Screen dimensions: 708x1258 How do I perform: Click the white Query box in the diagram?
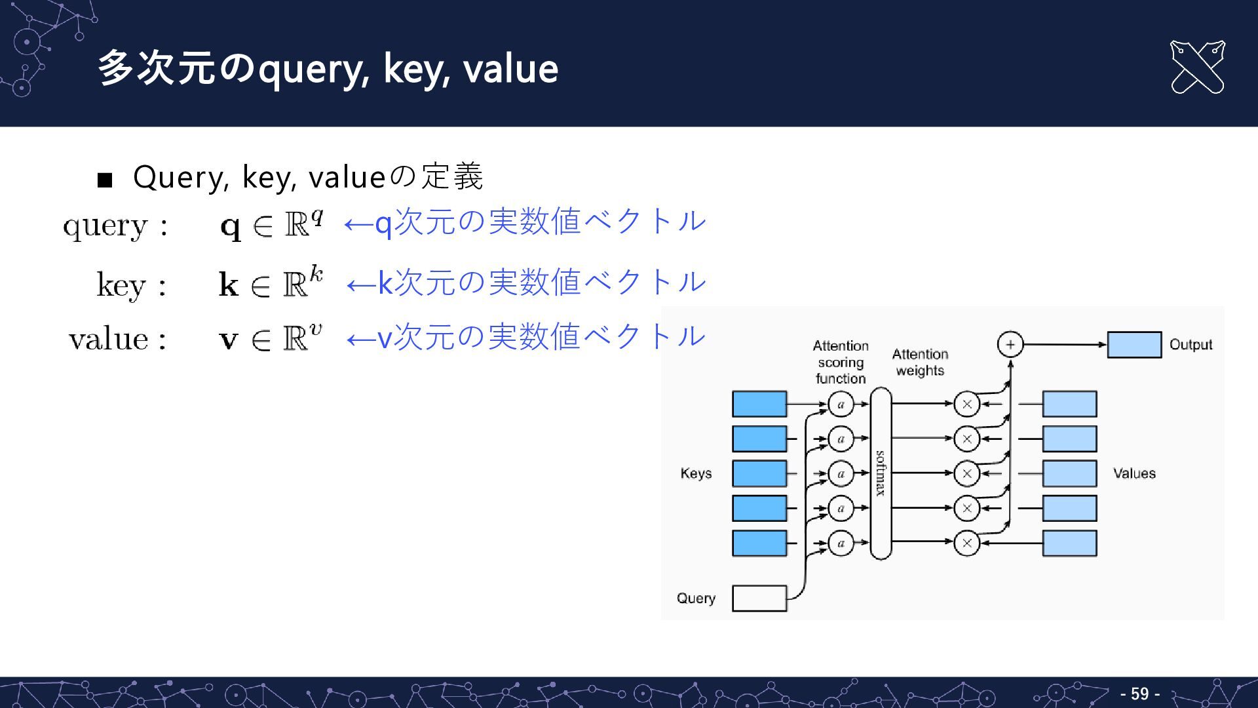click(x=759, y=598)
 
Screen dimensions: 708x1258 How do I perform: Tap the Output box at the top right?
click(x=1134, y=345)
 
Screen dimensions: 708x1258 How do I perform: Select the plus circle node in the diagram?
click(x=1010, y=344)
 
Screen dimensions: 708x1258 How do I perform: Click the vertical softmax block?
click(x=881, y=473)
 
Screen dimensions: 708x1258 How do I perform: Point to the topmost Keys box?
click(x=759, y=404)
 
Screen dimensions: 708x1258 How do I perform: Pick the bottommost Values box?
click(x=1069, y=543)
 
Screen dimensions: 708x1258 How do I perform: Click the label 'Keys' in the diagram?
click(x=696, y=473)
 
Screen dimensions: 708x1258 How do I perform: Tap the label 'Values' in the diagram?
click(x=1134, y=473)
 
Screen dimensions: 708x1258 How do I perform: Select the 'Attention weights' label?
click(x=920, y=363)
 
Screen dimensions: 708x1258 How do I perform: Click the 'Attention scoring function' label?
click(x=841, y=362)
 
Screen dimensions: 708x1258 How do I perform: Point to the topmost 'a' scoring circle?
click(x=841, y=404)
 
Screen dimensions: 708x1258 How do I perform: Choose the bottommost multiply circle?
click(x=966, y=543)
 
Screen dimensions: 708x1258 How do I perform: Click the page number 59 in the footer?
click(x=1139, y=694)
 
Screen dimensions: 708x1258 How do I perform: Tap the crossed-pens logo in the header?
click(x=1197, y=68)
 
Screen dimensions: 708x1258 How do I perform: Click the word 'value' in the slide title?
click(x=510, y=69)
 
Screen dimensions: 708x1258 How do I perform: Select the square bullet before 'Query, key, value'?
click(x=105, y=180)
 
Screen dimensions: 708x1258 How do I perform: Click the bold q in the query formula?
click(x=231, y=227)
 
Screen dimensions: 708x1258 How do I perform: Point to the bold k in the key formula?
click(x=229, y=285)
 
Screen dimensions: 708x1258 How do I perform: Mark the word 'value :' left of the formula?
click(x=117, y=340)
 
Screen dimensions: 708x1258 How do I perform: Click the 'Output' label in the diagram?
click(x=1191, y=345)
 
